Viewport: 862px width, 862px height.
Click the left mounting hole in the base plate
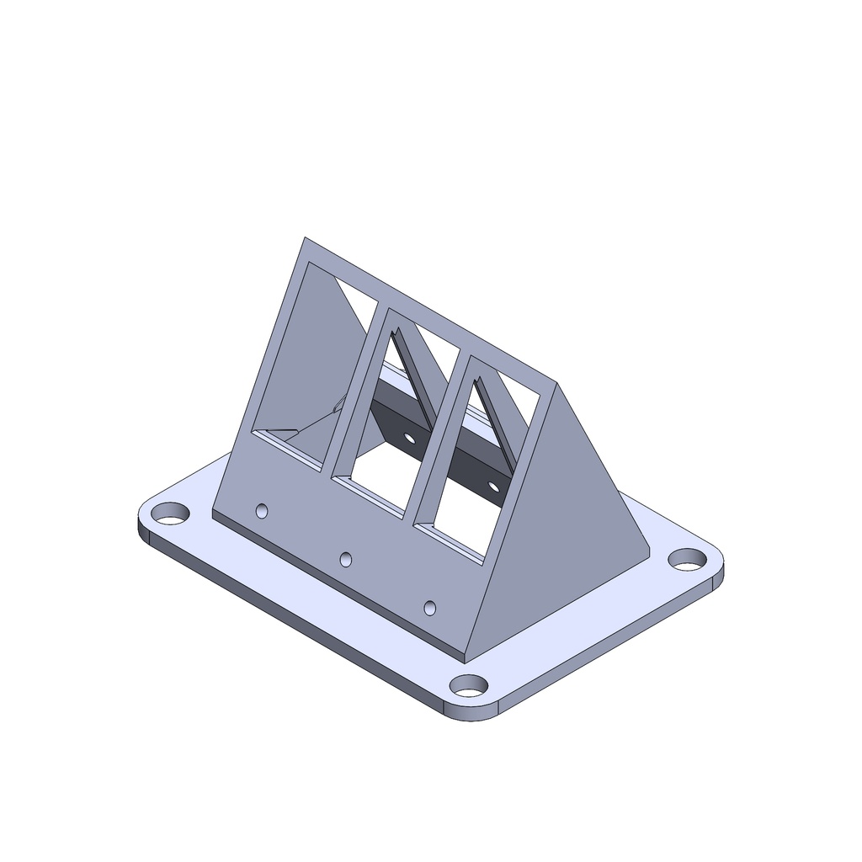(171, 512)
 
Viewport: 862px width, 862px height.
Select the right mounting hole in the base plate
(688, 558)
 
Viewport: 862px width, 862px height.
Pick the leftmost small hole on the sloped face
(262, 511)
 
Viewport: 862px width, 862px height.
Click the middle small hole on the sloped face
(345, 559)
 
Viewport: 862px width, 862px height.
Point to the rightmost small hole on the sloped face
(430, 607)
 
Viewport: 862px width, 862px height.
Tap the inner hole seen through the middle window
(410, 438)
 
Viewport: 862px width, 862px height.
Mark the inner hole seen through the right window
(493, 486)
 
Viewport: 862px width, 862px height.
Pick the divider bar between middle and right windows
(438, 438)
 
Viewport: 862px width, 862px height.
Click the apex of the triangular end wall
(556, 383)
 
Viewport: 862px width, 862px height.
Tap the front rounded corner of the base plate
(471, 716)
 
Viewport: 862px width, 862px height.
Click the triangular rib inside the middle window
(412, 379)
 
